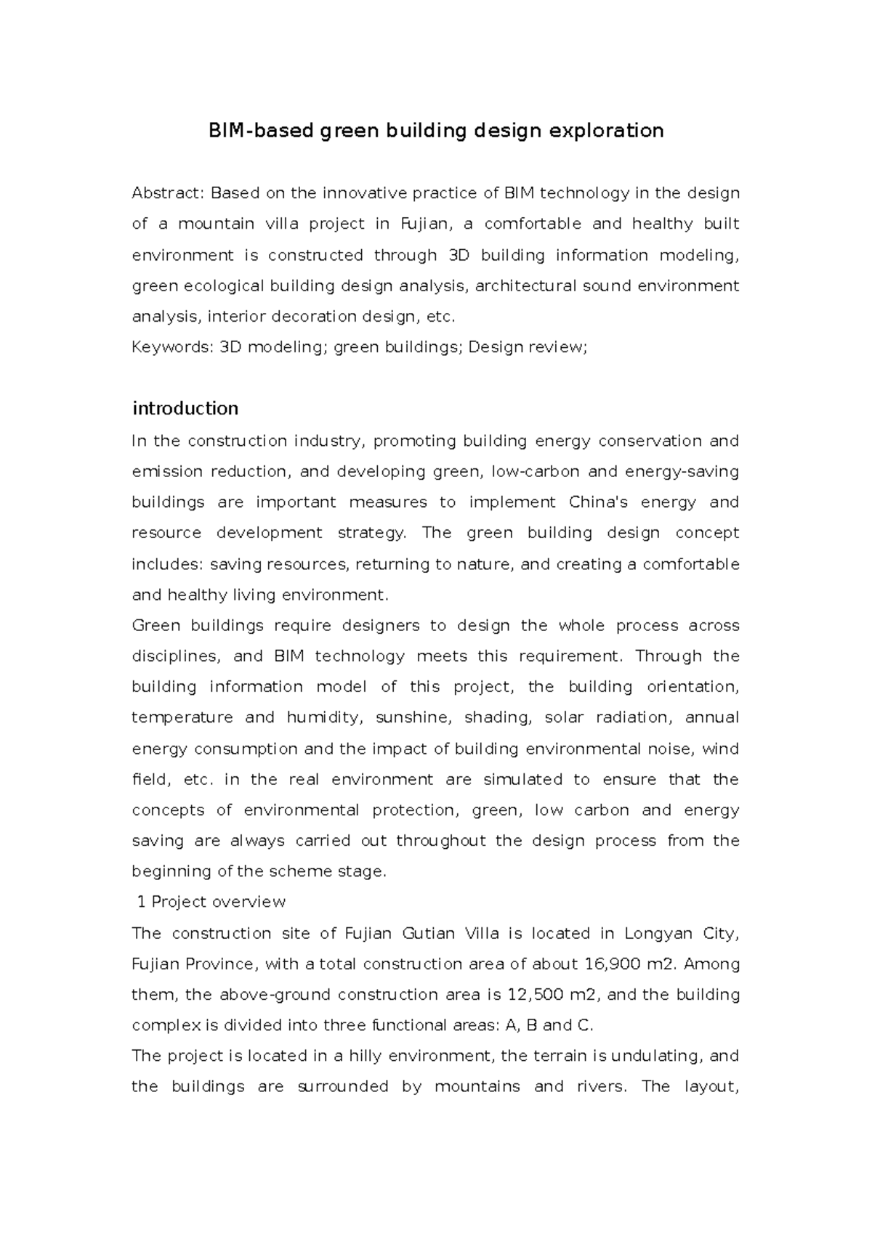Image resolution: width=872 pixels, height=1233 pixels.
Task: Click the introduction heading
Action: tap(185, 408)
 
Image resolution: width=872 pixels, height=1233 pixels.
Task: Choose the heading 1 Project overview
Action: tap(211, 902)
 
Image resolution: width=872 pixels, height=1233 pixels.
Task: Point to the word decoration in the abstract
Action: tap(318, 317)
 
